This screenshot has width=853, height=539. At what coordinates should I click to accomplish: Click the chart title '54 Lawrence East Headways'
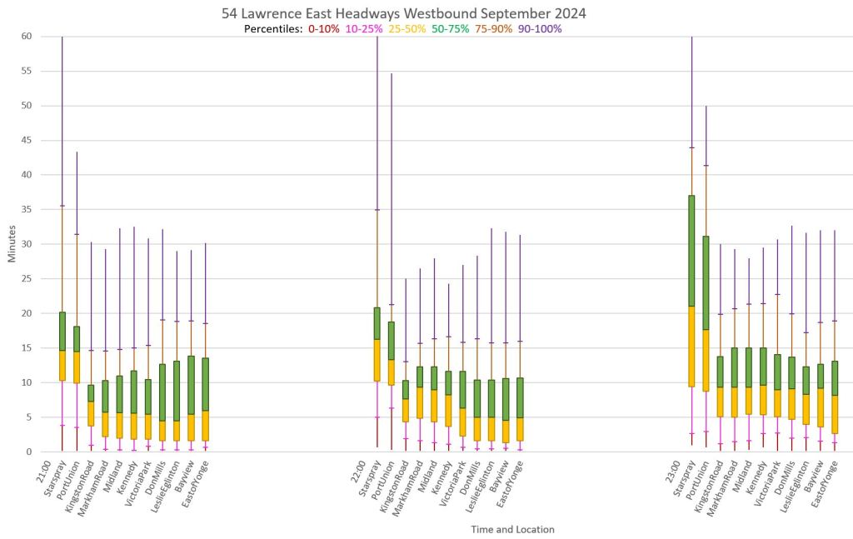(x=404, y=14)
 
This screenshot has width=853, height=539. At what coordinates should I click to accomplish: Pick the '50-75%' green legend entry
(x=450, y=29)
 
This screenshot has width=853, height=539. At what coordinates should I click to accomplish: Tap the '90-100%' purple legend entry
(x=540, y=29)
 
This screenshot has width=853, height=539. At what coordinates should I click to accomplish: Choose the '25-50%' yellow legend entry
(x=407, y=29)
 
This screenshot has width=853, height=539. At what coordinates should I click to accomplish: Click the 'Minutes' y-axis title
(x=13, y=244)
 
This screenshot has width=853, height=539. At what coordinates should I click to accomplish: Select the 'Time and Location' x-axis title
(x=512, y=529)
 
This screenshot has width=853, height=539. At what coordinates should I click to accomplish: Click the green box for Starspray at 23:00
(x=691, y=251)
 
